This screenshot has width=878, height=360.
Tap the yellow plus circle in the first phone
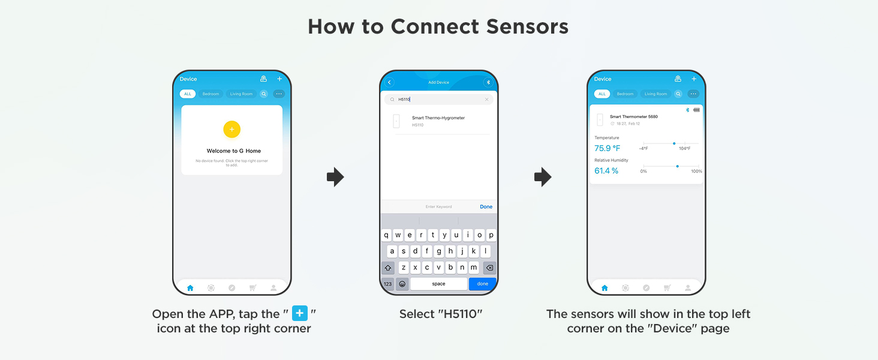tap(231, 129)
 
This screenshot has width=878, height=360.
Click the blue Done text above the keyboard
tap(486, 206)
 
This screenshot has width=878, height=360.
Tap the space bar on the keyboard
tap(438, 284)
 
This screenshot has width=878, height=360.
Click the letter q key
tap(387, 235)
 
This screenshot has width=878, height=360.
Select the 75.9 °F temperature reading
tap(607, 148)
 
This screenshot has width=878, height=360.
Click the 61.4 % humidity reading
tap(606, 171)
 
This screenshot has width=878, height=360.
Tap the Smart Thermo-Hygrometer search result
tap(438, 118)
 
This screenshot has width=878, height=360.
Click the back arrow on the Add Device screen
tap(389, 82)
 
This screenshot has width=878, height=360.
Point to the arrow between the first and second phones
tap(335, 177)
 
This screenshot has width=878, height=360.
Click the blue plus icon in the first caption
tap(300, 313)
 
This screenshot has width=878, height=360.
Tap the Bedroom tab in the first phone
tap(211, 94)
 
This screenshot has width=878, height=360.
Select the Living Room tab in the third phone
tap(656, 94)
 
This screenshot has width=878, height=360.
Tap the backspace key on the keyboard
tap(489, 268)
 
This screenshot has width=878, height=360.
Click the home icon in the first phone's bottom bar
tap(190, 288)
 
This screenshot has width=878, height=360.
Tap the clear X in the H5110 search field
tap(486, 100)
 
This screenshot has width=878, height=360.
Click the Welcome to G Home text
tap(234, 151)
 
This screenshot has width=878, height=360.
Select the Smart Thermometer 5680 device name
tap(633, 116)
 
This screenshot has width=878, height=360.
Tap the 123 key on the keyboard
tap(387, 284)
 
